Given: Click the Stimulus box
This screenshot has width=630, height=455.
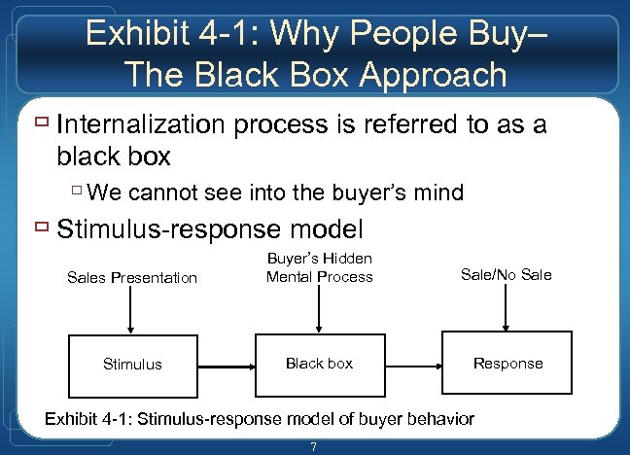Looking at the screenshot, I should pyautogui.click(x=132, y=364).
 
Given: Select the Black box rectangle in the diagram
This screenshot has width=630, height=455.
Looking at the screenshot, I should pyautogui.click(x=319, y=364).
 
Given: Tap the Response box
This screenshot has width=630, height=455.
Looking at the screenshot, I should pyautogui.click(x=507, y=364).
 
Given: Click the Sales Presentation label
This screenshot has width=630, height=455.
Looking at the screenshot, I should pyautogui.click(x=132, y=278).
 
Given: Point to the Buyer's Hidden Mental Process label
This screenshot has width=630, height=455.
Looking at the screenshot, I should pyautogui.click(x=319, y=267).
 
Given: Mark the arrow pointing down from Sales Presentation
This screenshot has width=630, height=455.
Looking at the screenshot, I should pyautogui.click(x=132, y=312).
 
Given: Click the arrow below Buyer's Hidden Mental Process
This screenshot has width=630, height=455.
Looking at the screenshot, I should pyautogui.click(x=319, y=310).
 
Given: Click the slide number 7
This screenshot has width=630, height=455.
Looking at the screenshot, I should pyautogui.click(x=313, y=447).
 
